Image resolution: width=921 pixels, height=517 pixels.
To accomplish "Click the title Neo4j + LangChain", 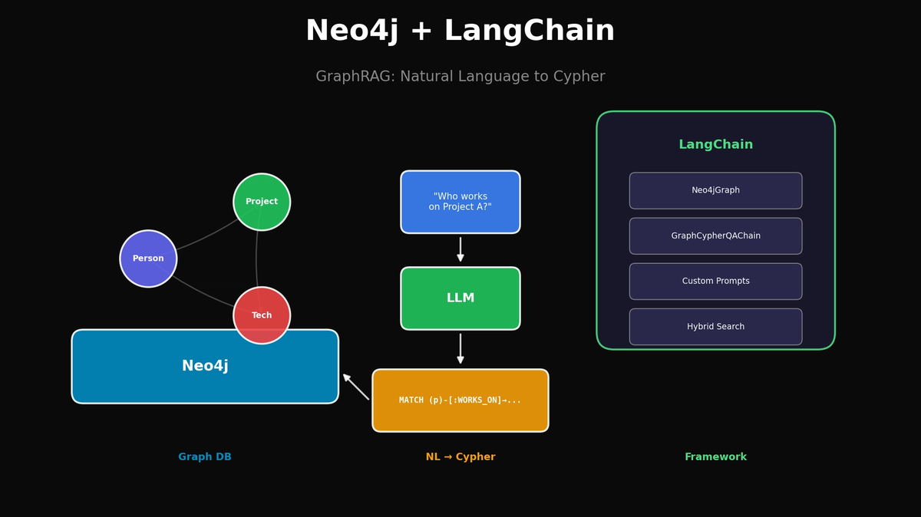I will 460,31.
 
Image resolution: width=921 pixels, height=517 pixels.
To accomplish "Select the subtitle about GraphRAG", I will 460,77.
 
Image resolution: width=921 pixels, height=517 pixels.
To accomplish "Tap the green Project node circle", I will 262,202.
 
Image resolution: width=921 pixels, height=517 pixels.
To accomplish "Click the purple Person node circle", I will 148,258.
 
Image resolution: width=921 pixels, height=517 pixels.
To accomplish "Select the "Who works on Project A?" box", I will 460,202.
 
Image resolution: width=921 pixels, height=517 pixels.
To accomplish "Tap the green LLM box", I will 460,298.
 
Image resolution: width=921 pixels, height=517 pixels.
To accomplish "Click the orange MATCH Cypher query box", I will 460,400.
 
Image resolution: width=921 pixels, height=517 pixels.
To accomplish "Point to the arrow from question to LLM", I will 460,249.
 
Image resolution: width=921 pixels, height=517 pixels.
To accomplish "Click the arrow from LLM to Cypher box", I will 460,348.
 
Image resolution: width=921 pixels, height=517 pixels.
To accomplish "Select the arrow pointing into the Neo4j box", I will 355,387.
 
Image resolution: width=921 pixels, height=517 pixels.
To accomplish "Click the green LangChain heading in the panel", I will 715,144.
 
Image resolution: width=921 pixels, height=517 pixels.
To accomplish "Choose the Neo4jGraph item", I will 715,190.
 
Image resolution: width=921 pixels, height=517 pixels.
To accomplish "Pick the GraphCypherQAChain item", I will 715,235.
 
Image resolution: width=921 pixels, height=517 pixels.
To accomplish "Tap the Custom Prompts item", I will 715,282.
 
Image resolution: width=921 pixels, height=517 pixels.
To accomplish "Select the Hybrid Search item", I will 715,327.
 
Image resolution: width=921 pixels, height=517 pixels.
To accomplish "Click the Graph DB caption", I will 205,457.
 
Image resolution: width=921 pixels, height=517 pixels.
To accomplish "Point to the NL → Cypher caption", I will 460,457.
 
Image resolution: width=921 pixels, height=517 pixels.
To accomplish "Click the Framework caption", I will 715,457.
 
